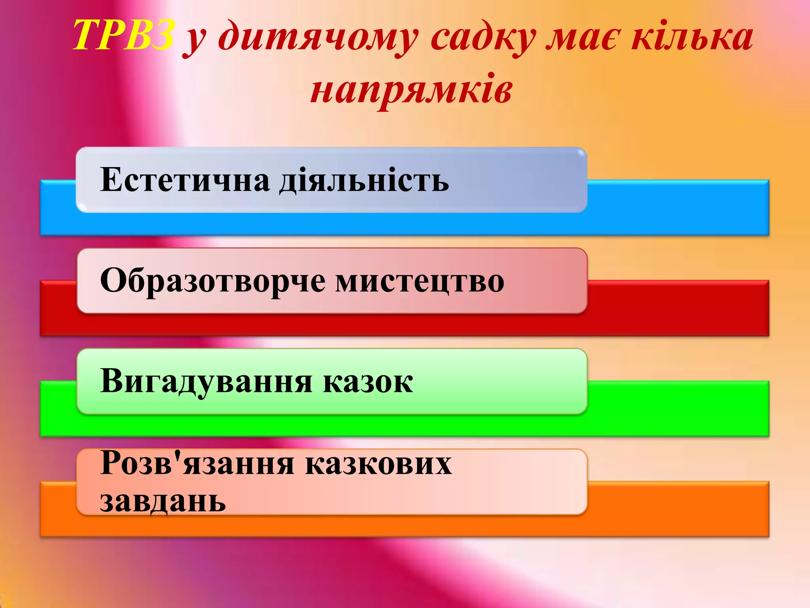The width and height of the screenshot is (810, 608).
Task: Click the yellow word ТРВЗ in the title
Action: point(123,36)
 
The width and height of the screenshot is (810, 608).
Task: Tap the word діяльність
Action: point(364,180)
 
